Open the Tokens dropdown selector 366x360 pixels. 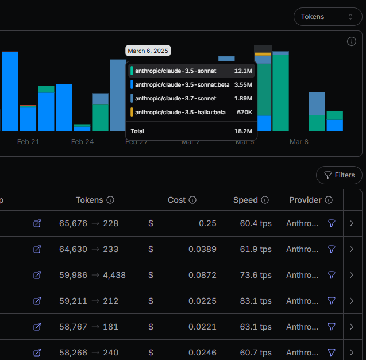point(328,17)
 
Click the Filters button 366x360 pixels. point(339,175)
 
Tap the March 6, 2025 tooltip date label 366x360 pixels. point(148,51)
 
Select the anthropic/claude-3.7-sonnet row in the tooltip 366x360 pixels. point(191,98)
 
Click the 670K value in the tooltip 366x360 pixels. point(244,112)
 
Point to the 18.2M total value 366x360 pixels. point(243,131)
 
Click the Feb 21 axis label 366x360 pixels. point(28,142)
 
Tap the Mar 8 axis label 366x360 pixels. point(299,142)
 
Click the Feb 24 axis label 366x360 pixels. point(82,142)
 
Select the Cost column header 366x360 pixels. point(177,200)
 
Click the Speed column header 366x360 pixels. point(245,200)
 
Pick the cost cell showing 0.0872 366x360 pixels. point(202,275)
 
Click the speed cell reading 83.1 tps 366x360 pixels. point(256,301)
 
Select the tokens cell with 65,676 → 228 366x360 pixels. point(88,223)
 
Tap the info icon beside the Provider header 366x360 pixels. point(329,200)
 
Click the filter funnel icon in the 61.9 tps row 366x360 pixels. point(332,249)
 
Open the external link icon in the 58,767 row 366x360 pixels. point(37,327)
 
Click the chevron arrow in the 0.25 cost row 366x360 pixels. point(352,223)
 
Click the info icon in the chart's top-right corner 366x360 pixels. point(352,41)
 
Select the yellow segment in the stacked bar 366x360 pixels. point(263,54)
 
